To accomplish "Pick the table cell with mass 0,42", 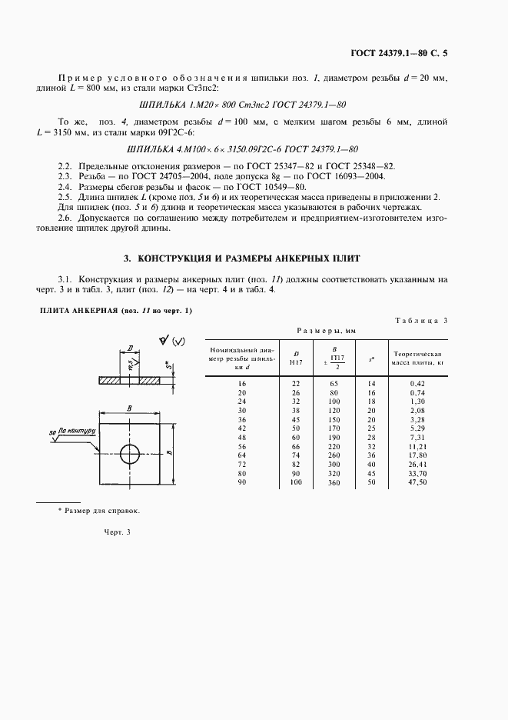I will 417,382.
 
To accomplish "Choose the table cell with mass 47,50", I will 417,482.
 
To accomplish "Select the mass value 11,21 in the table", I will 417,445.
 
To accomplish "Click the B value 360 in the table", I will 334,482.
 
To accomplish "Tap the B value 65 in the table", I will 334,382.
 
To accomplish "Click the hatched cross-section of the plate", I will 131,380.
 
